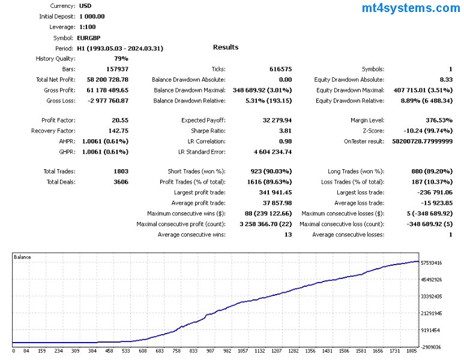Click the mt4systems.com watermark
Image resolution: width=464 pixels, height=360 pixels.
[411, 8]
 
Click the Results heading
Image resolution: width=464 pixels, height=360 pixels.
[226, 47]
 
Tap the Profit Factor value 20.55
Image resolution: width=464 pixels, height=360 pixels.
[120, 120]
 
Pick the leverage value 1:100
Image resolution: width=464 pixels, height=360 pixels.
[87, 27]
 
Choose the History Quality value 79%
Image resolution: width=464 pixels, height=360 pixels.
[121, 59]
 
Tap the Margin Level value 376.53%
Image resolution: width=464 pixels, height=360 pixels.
[435, 120]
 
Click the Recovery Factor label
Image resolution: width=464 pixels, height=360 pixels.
[53, 130]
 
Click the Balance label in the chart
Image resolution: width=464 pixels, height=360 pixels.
[23, 257]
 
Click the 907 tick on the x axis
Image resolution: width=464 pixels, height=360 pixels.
[210, 352]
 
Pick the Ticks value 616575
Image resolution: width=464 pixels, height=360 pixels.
[280, 69]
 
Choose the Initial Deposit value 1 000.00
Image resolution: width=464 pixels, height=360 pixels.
[91, 16]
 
